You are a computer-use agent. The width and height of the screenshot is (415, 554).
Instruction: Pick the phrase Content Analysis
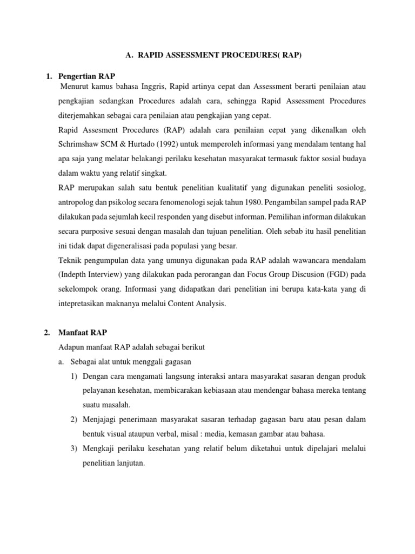tap(199, 304)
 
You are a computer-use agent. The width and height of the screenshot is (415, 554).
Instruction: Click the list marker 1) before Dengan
tap(73, 376)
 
